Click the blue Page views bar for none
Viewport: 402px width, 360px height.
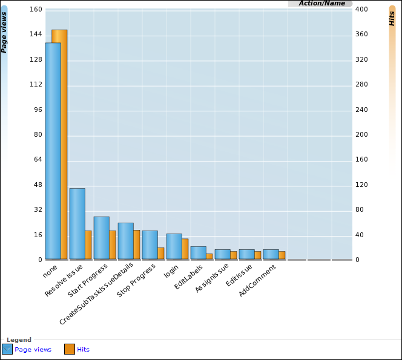pyautogui.click(x=53, y=151)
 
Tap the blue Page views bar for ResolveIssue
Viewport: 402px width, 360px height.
pyautogui.click(x=77, y=224)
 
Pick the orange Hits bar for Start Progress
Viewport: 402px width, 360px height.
pyautogui.click(x=113, y=245)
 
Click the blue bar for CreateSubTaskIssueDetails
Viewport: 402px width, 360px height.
pyautogui.click(x=125, y=241)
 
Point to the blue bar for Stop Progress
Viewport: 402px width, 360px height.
pyautogui.click(x=150, y=245)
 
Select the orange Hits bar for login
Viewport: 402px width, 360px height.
pyautogui.click(x=185, y=249)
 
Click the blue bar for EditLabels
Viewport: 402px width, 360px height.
pyautogui.click(x=198, y=253)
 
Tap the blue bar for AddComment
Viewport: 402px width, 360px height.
pyautogui.click(x=271, y=254)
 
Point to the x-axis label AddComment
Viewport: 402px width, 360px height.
pyautogui.click(x=257, y=282)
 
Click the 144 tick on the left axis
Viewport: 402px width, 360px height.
pyautogui.click(x=36, y=34)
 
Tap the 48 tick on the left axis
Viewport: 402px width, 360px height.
pyautogui.click(x=38, y=185)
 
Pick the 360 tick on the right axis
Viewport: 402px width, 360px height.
pyautogui.click(x=362, y=34)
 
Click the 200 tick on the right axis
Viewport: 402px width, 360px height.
pyautogui.click(x=362, y=134)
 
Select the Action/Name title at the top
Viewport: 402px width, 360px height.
pyautogui.click(x=321, y=4)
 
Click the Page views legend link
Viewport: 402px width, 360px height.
pyautogui.click(x=33, y=350)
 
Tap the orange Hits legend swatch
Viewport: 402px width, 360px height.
pyautogui.click(x=70, y=349)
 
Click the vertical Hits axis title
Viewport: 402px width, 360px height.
pyautogui.click(x=392, y=18)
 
